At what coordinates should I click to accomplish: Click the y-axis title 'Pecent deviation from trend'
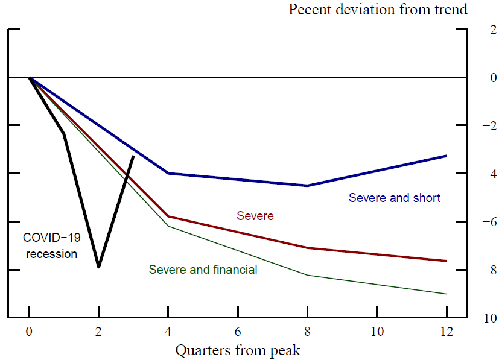378,10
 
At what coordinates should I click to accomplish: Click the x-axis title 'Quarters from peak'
238,349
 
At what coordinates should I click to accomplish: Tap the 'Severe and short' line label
395,198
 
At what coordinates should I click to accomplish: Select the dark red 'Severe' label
255,216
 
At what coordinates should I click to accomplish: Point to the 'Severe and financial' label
203,270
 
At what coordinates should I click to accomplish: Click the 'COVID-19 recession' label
51,246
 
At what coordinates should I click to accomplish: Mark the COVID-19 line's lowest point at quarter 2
98,267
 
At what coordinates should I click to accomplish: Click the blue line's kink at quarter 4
168,173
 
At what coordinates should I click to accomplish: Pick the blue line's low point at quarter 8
307,186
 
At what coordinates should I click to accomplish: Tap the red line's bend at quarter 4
168,216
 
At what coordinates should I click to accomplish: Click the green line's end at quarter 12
447,294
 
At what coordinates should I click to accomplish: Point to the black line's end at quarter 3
133,156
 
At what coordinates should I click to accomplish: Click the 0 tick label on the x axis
29,331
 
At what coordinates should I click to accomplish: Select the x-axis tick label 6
238,331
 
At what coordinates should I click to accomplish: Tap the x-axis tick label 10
377,331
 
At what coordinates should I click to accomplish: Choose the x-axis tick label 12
447,331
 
